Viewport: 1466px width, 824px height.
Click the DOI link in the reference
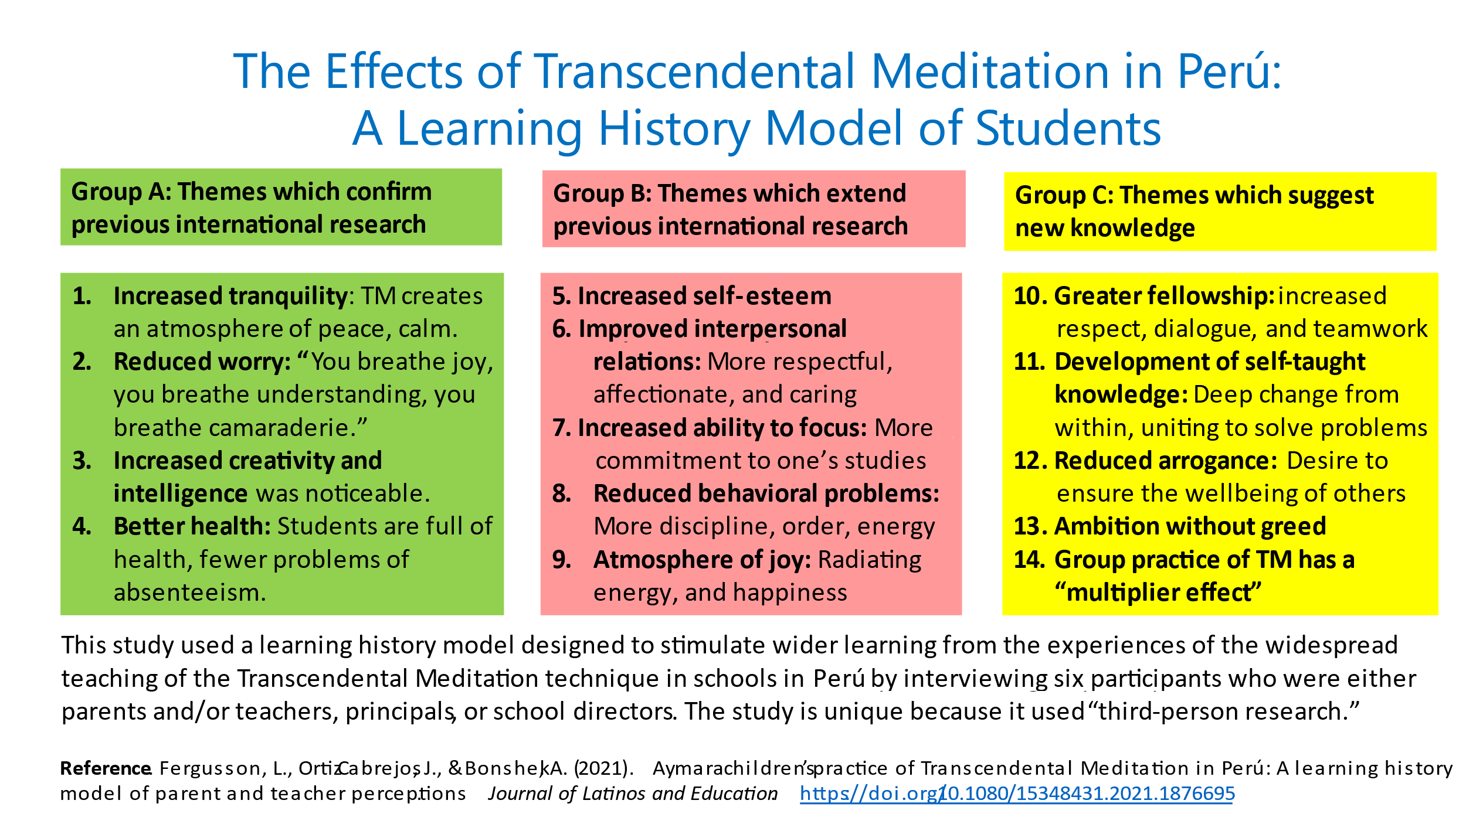tap(1017, 794)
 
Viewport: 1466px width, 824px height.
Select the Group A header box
tap(281, 207)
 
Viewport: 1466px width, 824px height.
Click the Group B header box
tap(754, 209)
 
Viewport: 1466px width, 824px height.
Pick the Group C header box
tap(1220, 211)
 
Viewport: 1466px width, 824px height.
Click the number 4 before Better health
tap(82, 526)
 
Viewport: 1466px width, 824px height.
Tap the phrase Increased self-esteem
tap(704, 296)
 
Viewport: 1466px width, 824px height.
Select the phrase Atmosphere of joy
tap(702, 560)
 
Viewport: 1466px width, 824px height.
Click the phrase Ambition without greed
tap(1190, 526)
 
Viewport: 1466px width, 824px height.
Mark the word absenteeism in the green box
tap(190, 593)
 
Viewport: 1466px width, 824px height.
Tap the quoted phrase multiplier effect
tap(1158, 593)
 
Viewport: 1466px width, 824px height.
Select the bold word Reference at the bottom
tap(106, 768)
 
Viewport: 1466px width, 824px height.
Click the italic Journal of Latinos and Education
tap(633, 794)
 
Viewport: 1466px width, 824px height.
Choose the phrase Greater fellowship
tap(1164, 296)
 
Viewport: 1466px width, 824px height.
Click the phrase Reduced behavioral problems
tap(766, 493)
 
